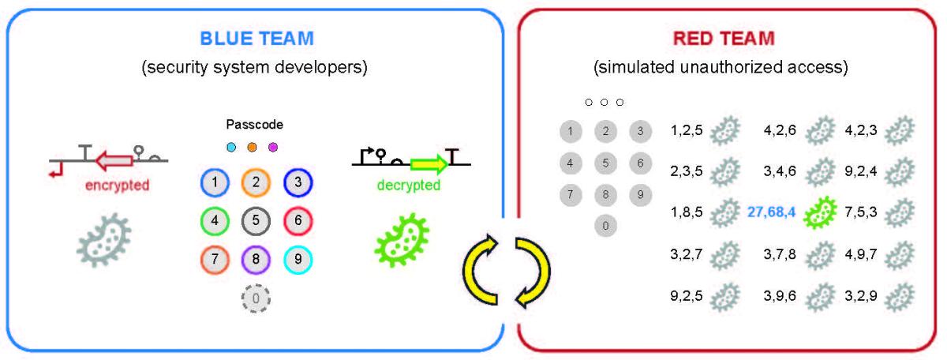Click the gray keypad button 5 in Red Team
[605, 163]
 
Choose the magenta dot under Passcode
[273, 147]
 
